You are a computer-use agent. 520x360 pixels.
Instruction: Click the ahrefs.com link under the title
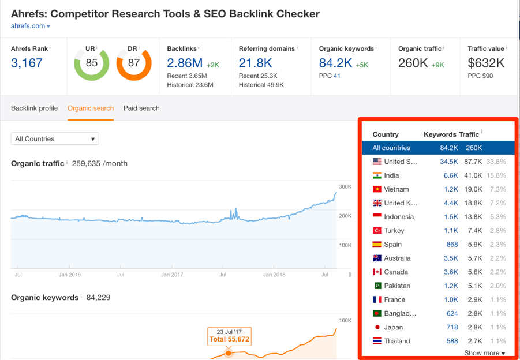(28, 26)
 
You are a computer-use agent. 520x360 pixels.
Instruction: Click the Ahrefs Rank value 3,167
(27, 63)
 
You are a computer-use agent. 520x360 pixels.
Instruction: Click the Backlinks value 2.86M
(185, 63)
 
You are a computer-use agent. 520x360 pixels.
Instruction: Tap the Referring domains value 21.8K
(256, 63)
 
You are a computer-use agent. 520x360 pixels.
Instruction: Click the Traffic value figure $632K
(487, 63)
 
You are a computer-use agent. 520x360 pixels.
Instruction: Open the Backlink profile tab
(34, 108)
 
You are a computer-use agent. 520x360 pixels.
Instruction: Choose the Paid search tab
(141, 108)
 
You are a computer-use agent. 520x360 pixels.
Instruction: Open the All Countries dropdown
(55, 138)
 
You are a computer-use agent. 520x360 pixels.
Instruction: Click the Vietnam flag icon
(377, 189)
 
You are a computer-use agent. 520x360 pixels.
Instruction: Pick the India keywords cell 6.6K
(450, 175)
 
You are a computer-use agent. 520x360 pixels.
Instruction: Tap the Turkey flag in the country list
(377, 231)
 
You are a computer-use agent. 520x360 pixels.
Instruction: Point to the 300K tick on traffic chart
(345, 187)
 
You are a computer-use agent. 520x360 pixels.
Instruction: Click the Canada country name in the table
(396, 272)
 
